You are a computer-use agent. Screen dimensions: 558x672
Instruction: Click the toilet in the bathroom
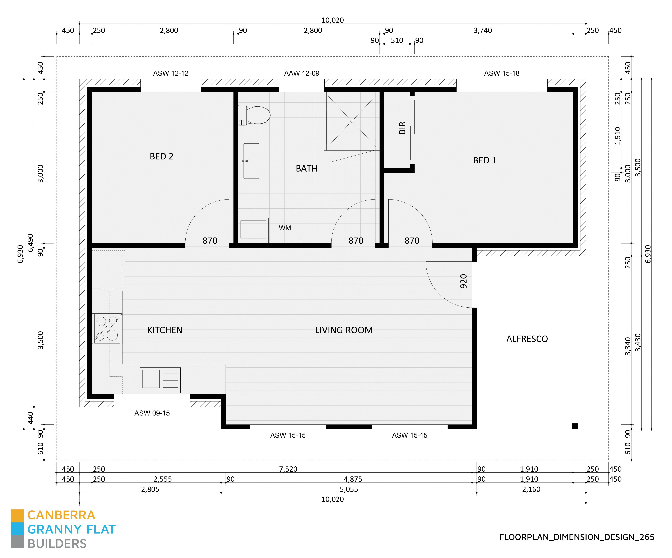[255, 115]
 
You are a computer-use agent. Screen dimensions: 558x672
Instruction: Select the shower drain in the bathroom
[352, 121]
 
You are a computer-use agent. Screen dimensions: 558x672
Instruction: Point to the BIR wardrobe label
[402, 128]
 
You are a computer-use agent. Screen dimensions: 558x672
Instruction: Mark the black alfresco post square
[575, 426]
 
